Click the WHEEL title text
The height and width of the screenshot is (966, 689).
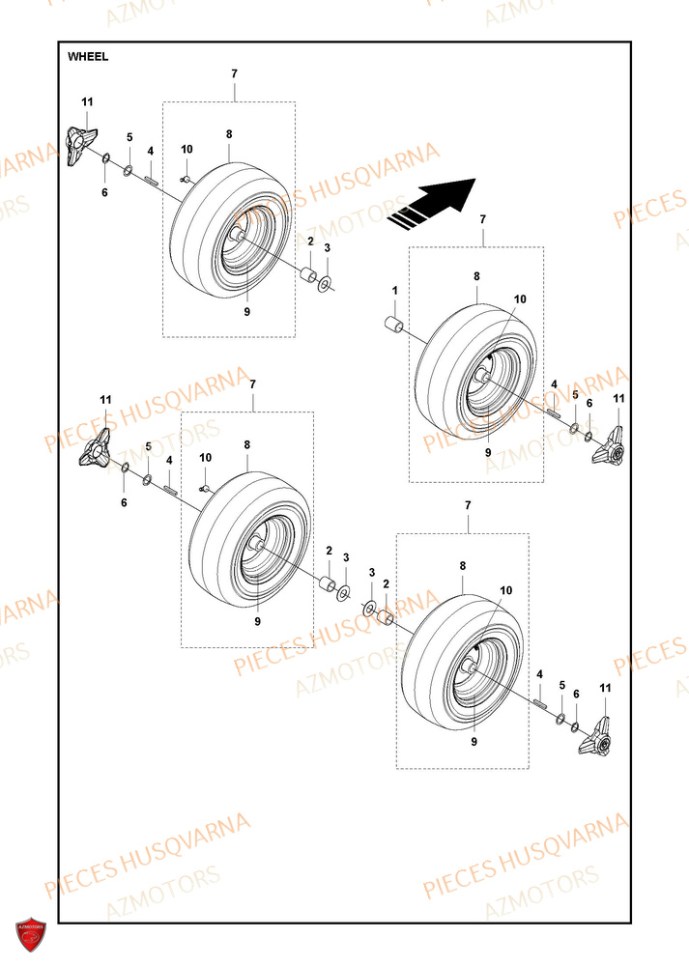88,57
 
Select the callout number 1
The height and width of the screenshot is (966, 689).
394,291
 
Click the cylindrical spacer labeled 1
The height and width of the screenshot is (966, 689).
394,323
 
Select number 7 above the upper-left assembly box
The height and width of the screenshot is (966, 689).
234,74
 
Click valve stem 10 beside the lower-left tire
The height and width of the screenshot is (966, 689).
206,487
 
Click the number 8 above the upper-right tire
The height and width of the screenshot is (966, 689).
476,276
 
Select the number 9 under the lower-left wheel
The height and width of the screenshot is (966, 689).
257,621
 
